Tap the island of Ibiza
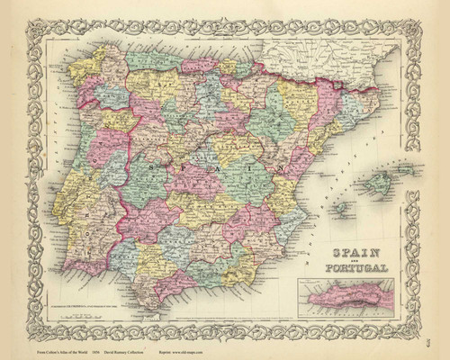click(x=342, y=206)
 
